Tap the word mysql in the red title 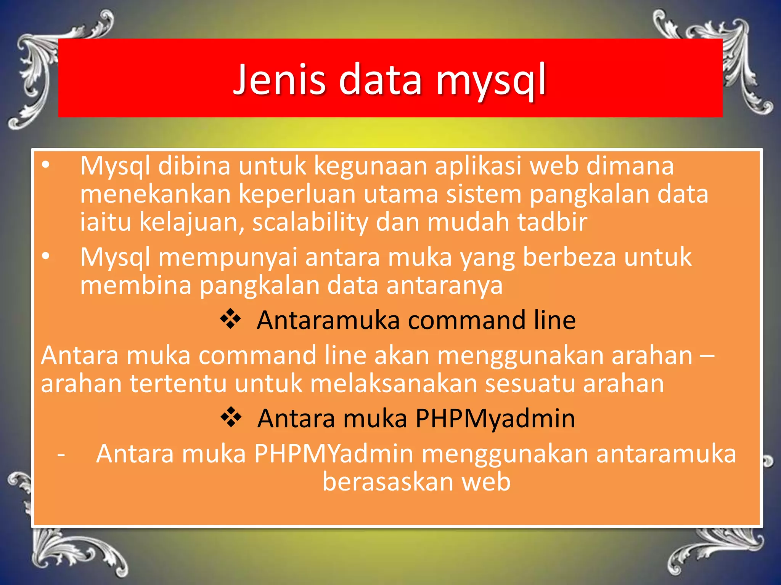tap(492, 81)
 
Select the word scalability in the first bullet tap(310, 222)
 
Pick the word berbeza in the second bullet tap(569, 257)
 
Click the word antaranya tap(445, 285)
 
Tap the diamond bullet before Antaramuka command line tap(231, 319)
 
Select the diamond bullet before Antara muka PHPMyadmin tap(231, 417)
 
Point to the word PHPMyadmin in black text tap(495, 419)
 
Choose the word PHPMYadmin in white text tap(334, 454)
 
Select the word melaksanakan tap(393, 384)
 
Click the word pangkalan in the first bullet tap(589, 194)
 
